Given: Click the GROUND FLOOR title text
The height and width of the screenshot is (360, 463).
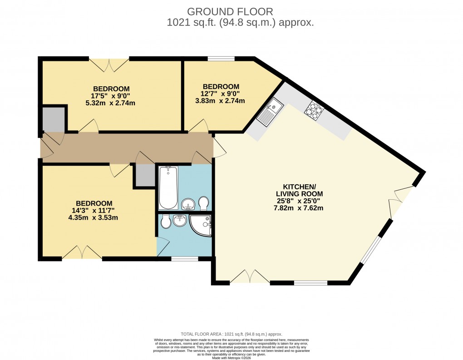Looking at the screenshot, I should click(231, 11).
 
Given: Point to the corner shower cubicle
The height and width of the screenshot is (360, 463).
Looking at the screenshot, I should click(202, 226).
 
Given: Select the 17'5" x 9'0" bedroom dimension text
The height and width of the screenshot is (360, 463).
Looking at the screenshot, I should click(111, 96).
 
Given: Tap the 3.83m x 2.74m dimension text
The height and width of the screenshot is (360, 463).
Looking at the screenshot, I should click(221, 101).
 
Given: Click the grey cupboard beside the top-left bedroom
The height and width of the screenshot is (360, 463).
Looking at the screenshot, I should click(53, 118).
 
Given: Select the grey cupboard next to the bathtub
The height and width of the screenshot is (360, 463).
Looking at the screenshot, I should click(145, 175).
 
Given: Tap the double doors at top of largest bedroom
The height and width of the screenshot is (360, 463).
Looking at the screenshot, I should click(109, 65).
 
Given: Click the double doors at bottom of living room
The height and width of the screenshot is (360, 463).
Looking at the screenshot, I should click(250, 276).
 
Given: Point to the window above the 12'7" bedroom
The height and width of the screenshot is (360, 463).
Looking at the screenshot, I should click(222, 59).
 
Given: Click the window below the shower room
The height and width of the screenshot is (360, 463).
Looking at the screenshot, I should click(184, 259).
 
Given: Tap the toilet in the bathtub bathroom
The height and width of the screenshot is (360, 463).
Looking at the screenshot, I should click(204, 203).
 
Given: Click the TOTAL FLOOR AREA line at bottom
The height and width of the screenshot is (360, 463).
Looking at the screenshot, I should click(231, 334).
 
